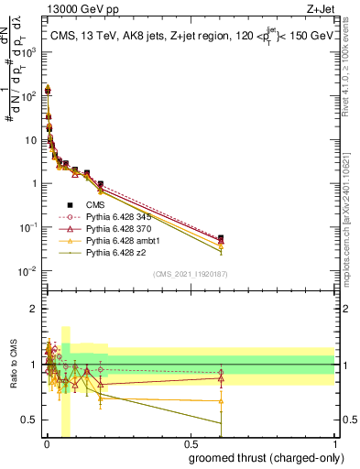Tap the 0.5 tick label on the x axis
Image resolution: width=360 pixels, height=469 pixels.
[190, 444]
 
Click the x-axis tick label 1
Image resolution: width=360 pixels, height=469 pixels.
[333, 444]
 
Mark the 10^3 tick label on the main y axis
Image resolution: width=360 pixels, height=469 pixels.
[27, 52]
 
